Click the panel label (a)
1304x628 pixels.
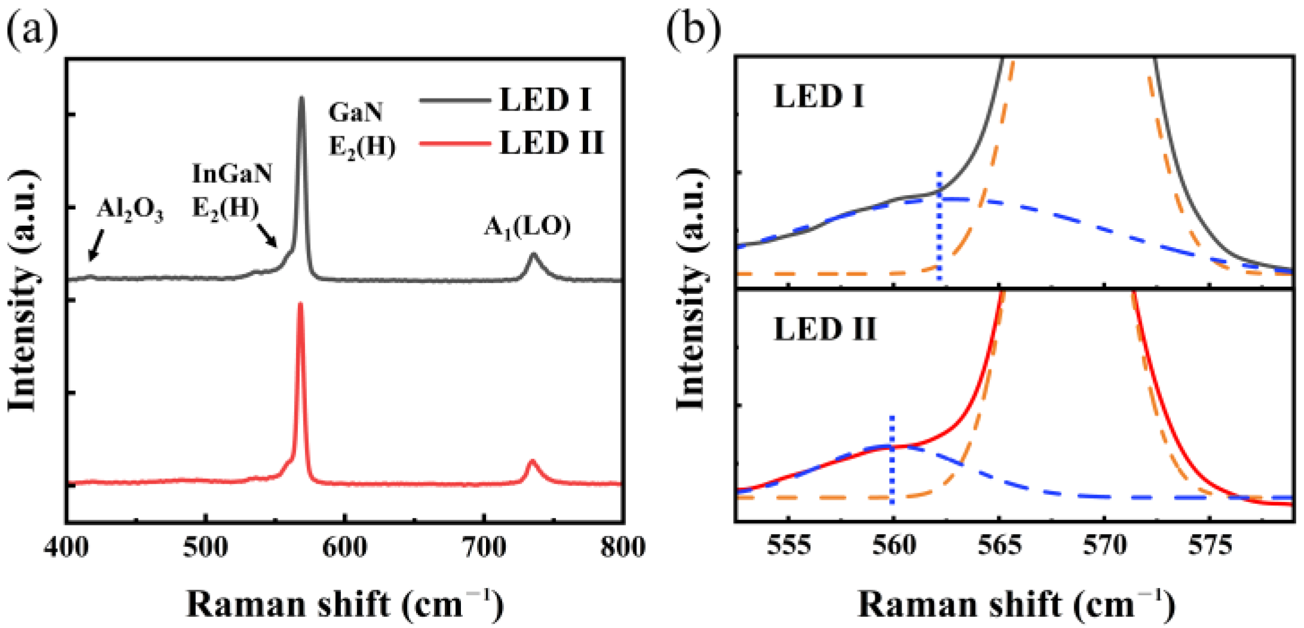tap(32, 29)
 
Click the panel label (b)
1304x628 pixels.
tap(693, 29)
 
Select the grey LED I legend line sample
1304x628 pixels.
tap(454, 100)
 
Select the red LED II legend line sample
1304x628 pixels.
tap(454, 143)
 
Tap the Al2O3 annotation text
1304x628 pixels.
tap(130, 210)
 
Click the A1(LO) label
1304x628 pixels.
tap(527, 226)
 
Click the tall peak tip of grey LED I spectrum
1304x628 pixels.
tap(302, 98)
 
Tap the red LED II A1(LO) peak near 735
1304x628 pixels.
tap(532, 461)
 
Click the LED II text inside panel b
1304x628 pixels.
tap(825, 330)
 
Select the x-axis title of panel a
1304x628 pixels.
tap(345, 604)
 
